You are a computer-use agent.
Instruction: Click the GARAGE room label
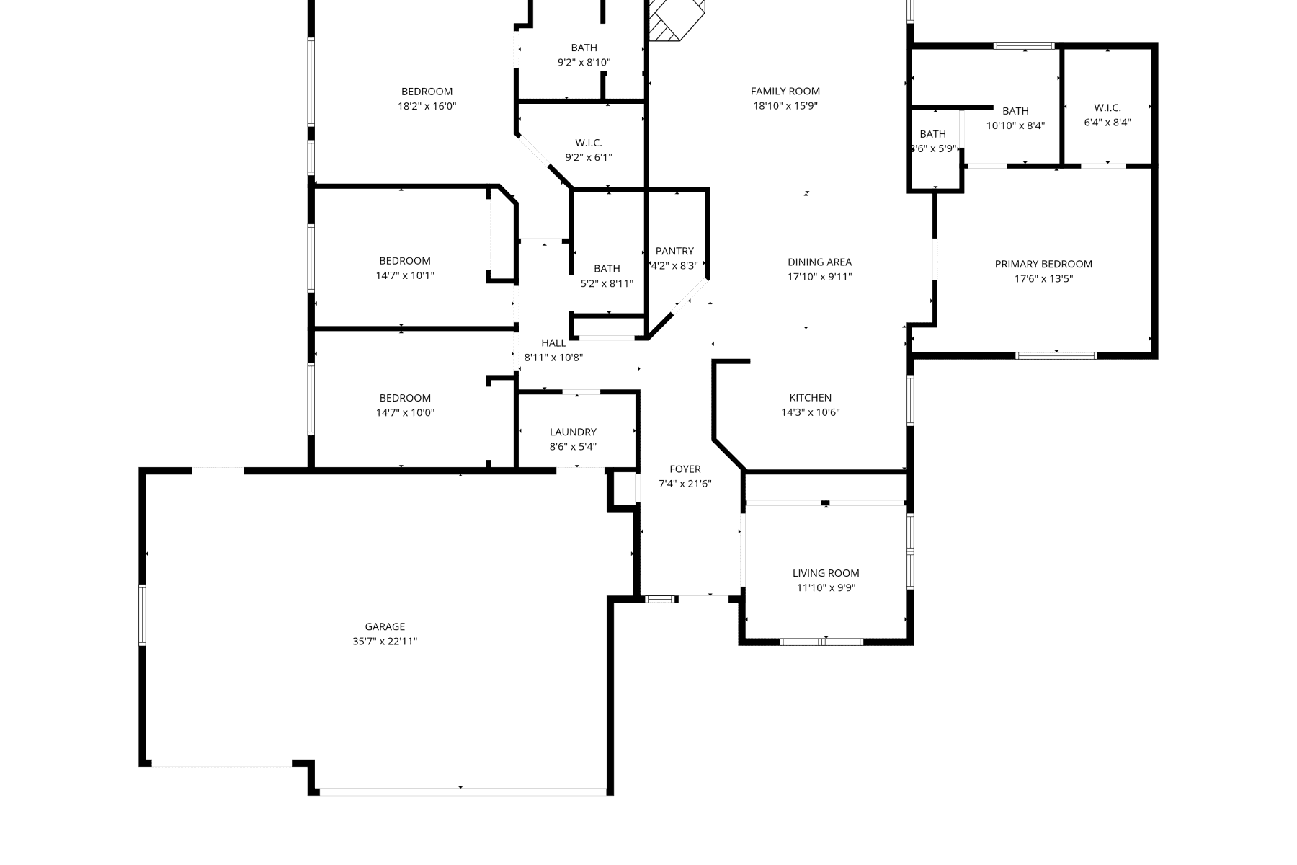pyautogui.click(x=385, y=626)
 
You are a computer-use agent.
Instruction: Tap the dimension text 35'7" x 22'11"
pyautogui.click(x=385, y=642)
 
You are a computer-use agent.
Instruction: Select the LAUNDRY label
pyautogui.click(x=573, y=432)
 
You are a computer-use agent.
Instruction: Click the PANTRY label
pyautogui.click(x=674, y=251)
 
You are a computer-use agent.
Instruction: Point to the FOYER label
pyautogui.click(x=685, y=469)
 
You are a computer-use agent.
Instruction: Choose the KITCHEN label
pyautogui.click(x=811, y=398)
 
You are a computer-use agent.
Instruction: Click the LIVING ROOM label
pyautogui.click(x=826, y=573)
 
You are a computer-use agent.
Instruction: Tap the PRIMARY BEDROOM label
pyautogui.click(x=1043, y=264)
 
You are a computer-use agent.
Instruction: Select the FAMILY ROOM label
pyautogui.click(x=785, y=91)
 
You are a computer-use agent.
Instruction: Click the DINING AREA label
pyautogui.click(x=819, y=262)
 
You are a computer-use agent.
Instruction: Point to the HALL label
pyautogui.click(x=553, y=343)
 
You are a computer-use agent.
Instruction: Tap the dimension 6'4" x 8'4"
pyautogui.click(x=1107, y=123)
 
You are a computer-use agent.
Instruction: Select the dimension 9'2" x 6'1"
pyautogui.click(x=589, y=157)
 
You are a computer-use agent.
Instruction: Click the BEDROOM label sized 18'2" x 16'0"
pyautogui.click(x=427, y=92)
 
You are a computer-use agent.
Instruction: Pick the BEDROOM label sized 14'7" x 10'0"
pyautogui.click(x=405, y=398)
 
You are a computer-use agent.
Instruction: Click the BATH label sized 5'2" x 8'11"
pyautogui.click(x=607, y=268)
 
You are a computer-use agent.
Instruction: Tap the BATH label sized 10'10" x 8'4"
pyautogui.click(x=1015, y=111)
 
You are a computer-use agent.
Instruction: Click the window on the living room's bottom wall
pyautogui.click(x=822, y=641)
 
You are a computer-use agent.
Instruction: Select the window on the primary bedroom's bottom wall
pyautogui.click(x=1056, y=355)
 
